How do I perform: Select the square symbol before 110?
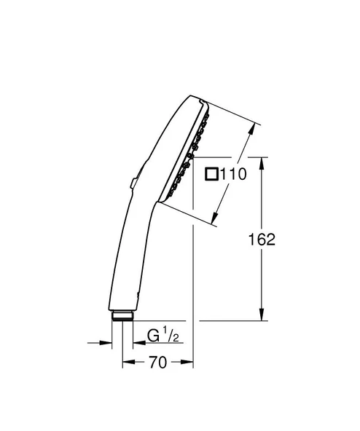211,174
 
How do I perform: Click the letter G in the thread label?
154,336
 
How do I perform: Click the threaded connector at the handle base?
122,315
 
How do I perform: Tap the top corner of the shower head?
199,95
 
